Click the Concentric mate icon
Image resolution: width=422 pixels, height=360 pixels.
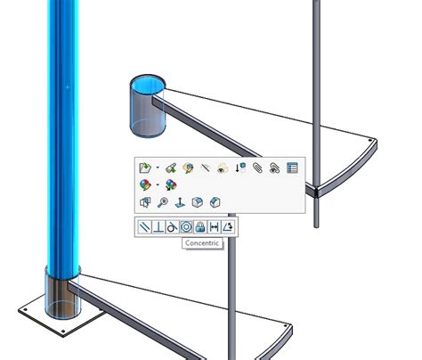(x=185, y=227)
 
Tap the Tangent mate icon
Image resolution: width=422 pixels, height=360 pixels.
(x=171, y=227)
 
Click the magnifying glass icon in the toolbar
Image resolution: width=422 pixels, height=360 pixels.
(x=163, y=202)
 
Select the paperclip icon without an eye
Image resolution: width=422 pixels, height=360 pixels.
(x=257, y=167)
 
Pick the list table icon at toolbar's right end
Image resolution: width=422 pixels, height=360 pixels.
(x=291, y=167)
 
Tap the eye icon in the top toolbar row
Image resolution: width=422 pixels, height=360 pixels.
(x=223, y=167)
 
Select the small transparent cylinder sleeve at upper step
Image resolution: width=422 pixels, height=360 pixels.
(x=147, y=106)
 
